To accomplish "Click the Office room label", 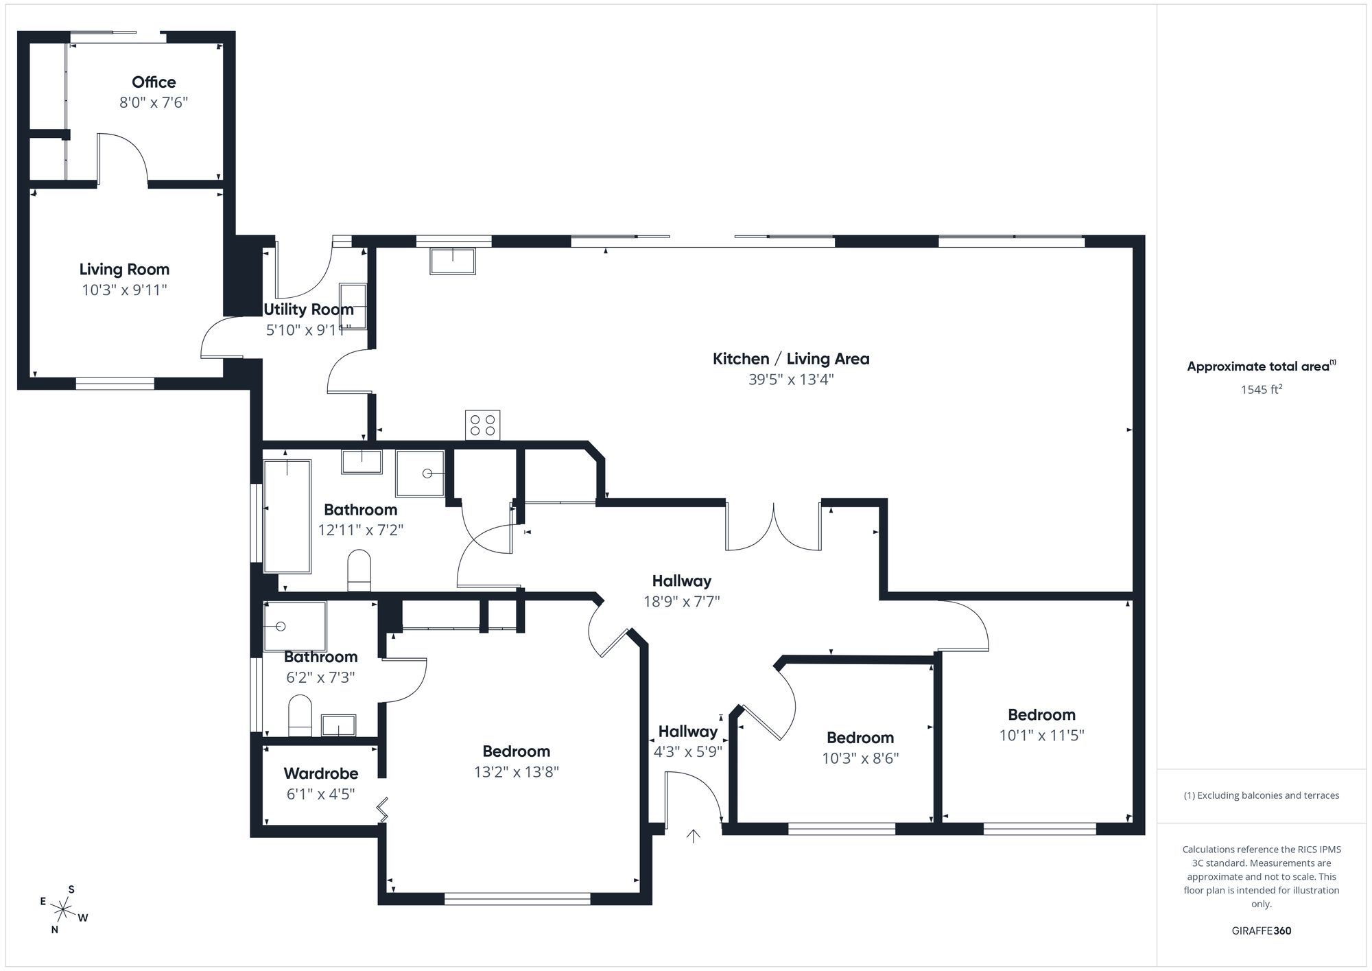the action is tap(154, 82).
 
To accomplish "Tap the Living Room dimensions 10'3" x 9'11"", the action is tap(124, 290).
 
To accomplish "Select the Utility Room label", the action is tap(309, 309).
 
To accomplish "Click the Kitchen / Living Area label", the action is tap(791, 359).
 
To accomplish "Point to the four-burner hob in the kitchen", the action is tap(483, 425).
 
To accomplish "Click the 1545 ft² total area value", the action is tap(1262, 389).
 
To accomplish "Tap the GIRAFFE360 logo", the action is tap(1262, 931).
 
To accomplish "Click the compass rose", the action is tap(63, 911).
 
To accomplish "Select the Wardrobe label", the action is tap(321, 774).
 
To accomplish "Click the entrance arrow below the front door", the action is tap(694, 836).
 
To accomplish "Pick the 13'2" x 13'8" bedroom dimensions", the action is tap(517, 772).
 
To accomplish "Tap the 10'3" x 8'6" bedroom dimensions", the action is tap(860, 758).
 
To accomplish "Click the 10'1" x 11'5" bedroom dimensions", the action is tap(1041, 736).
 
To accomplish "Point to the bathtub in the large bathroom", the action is tap(287, 516).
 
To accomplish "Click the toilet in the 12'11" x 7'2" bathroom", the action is tap(359, 570).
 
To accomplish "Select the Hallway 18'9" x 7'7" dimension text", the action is tap(681, 602).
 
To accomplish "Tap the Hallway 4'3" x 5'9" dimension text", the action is tap(688, 752).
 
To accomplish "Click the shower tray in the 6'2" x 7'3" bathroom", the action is tap(295, 626).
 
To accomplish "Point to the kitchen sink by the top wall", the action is tap(453, 261).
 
